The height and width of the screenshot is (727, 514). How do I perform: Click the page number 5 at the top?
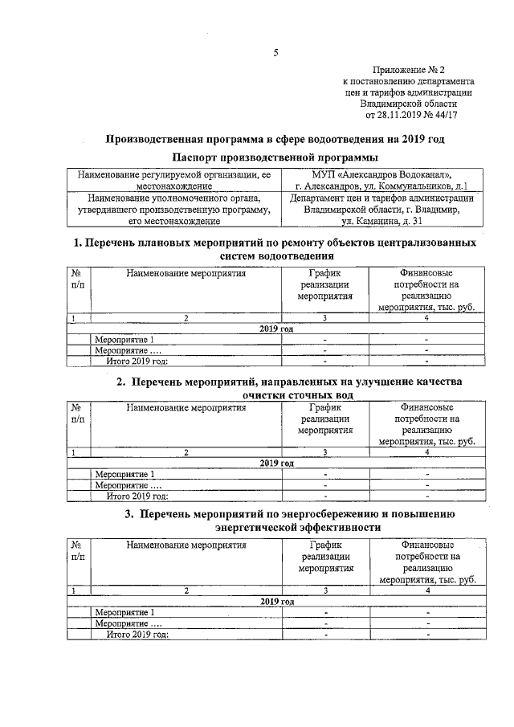[x=275, y=53]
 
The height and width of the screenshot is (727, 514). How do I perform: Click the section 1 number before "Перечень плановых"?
[x=78, y=242]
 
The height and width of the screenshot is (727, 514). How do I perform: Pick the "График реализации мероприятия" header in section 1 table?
[x=325, y=284]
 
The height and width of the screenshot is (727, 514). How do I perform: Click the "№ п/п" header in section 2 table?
[x=79, y=413]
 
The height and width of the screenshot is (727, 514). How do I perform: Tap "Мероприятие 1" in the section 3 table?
[x=124, y=613]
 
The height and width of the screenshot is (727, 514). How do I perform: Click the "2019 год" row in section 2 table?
[x=276, y=464]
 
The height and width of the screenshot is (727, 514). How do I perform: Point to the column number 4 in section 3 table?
[x=427, y=590]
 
